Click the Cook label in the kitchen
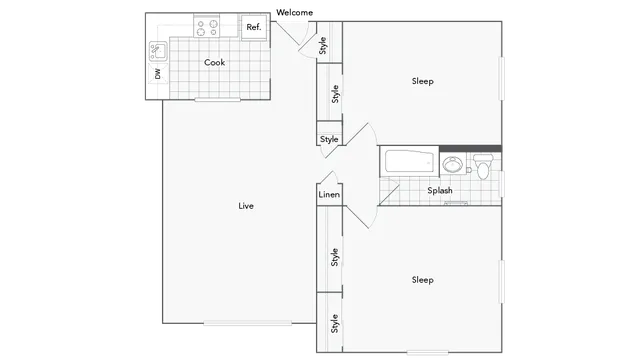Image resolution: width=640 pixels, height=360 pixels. pos(214,62)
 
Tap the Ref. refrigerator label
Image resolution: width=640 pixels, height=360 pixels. pos(254,27)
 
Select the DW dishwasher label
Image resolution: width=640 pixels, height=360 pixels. pos(158,74)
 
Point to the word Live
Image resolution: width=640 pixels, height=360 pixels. pos(245,207)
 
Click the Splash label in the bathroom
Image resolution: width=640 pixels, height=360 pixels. pos(440,190)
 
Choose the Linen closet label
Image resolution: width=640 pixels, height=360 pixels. pos(329,195)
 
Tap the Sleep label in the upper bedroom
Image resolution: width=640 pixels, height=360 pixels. pos(422,81)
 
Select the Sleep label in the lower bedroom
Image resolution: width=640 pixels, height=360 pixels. pos(422,280)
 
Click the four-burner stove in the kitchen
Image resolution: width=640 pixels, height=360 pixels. pos(209,27)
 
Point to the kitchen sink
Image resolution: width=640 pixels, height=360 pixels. pos(158,49)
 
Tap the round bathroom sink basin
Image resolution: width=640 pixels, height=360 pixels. pos(453,164)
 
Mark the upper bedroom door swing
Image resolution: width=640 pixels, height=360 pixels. pos(358,140)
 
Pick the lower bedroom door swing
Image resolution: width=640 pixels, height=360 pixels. pos(360,214)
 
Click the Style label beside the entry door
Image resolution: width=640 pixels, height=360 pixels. pos(323,45)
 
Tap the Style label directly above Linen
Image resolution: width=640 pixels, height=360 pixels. pos(329,139)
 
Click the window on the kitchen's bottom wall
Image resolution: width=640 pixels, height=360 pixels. pos(221,100)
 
